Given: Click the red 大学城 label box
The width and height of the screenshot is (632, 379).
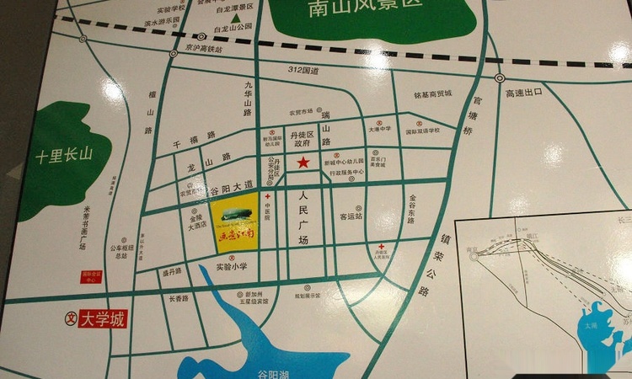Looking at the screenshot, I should point(102,319).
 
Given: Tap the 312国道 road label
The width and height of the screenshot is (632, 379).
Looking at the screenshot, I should point(303,71).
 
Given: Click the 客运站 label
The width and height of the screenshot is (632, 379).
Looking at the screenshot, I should point(351,216).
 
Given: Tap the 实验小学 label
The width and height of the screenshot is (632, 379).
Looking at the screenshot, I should point(231,267).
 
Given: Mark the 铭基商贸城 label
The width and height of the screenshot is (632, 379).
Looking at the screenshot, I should point(433,93).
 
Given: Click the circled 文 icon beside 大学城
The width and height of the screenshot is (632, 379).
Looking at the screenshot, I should point(71,319).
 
